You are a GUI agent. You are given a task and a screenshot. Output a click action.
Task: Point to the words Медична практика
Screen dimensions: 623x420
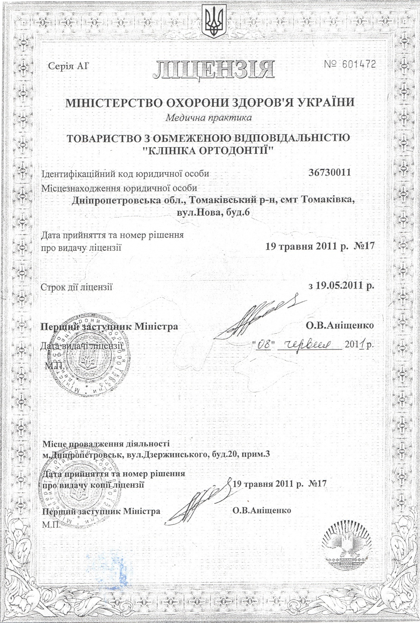pyautogui.click(x=209, y=118)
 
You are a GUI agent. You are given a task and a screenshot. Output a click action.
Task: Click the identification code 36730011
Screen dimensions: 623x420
pyautogui.click(x=329, y=172)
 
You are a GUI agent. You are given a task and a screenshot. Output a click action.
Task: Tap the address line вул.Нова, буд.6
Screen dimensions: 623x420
pyautogui.click(x=212, y=213)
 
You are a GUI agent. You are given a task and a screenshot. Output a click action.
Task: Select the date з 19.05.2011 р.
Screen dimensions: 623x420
pyautogui.click(x=341, y=286)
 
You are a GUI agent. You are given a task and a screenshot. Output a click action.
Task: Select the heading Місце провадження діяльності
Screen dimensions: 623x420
pyautogui.click(x=106, y=444)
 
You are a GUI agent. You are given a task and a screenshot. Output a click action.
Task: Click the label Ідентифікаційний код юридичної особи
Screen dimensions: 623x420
pyautogui.click(x=125, y=173)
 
